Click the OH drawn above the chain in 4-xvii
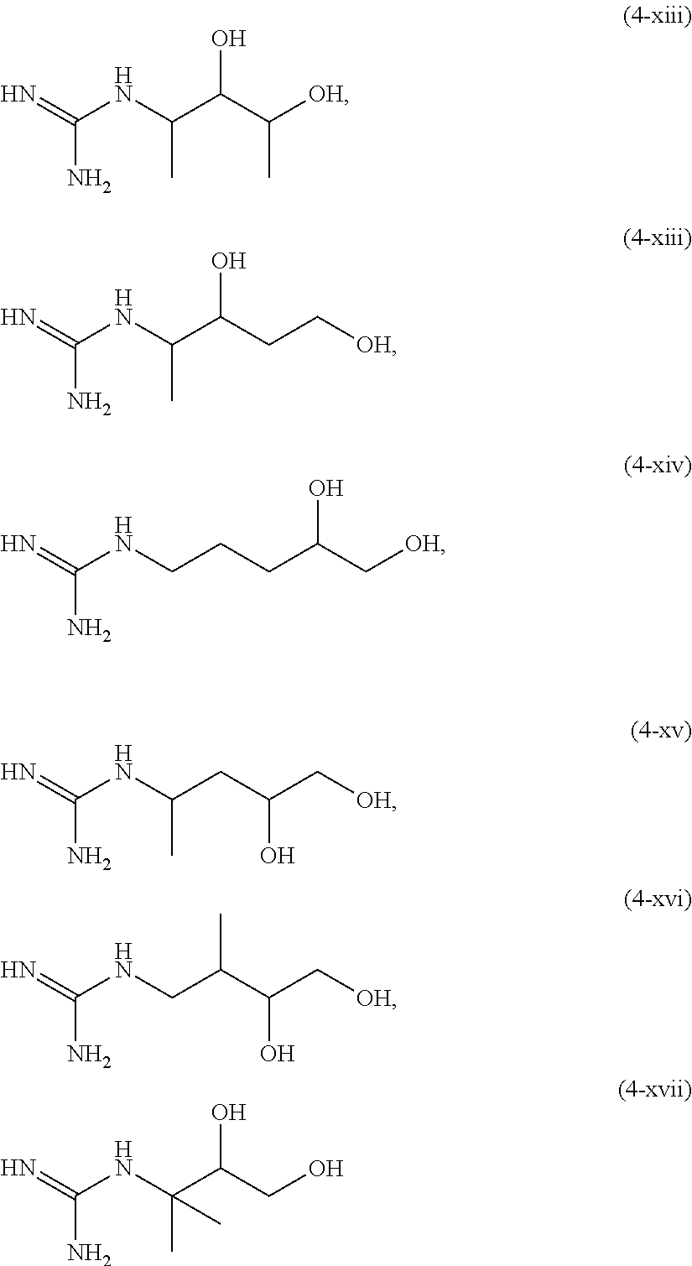228,1113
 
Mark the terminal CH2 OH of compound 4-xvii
326,1168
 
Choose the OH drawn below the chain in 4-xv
277,857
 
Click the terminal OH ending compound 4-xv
373,800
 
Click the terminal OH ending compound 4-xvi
373,998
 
